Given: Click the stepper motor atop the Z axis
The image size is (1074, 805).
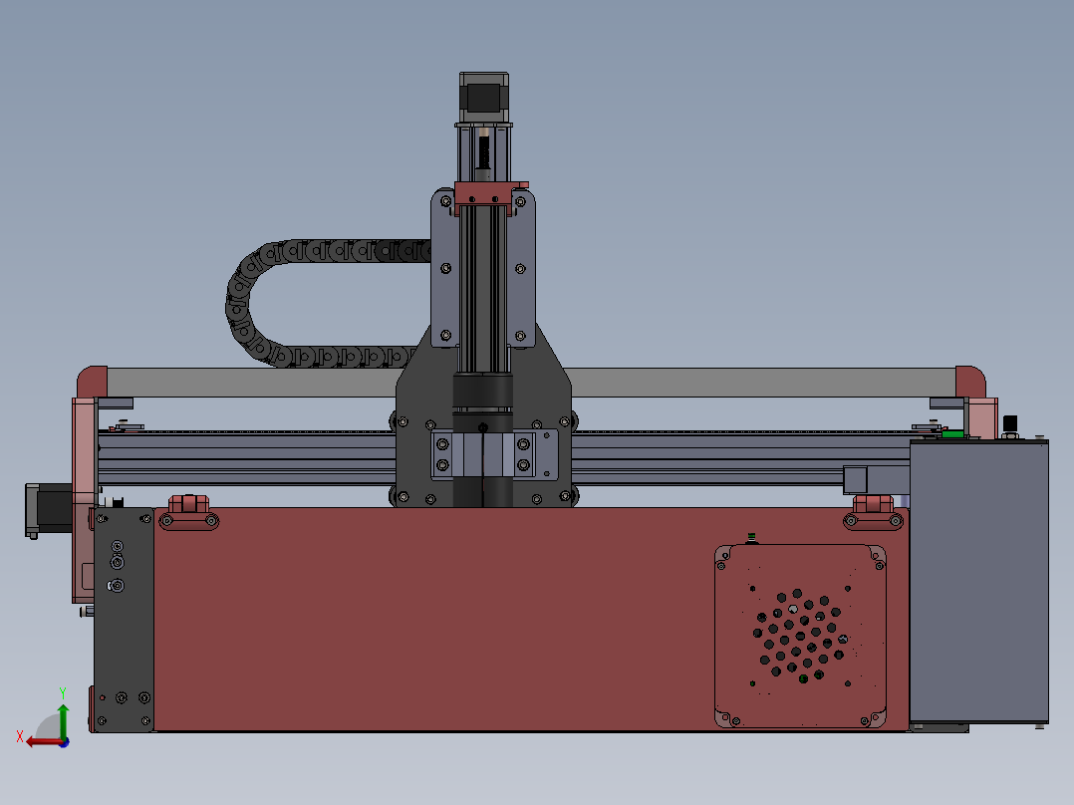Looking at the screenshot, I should pos(484,98).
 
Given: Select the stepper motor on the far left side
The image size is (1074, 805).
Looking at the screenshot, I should pos(46,509).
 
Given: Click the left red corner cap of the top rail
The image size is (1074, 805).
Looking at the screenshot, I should pos(92,381).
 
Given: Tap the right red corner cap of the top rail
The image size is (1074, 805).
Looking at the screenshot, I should pos(970,381).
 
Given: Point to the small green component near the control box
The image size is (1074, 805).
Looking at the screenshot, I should pos(952,434).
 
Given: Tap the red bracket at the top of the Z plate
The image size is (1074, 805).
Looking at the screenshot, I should pos(488,195).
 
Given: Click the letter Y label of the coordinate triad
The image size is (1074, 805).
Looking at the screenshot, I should pos(62,690).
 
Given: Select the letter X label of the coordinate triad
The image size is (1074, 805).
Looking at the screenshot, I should pos(19,736).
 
